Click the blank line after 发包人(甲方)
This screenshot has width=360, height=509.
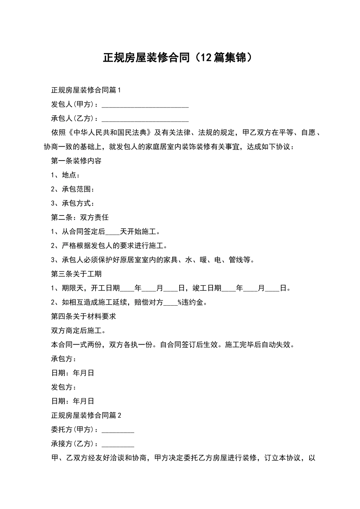tap(145, 105)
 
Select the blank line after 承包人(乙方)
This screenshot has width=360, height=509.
tap(145, 119)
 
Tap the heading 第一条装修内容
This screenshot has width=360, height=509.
tap(76, 161)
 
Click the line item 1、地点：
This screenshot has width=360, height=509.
tap(65, 175)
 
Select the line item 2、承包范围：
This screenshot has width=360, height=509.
tap(72, 189)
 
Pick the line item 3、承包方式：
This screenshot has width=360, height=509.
tap(72, 203)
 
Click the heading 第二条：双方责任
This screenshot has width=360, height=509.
tap(80, 217)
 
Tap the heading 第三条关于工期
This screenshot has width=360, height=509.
tap(76, 274)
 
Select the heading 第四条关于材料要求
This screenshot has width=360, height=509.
tap(83, 316)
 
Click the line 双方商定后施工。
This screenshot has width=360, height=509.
tap(78, 331)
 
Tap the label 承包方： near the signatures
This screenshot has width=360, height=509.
tap(64, 359)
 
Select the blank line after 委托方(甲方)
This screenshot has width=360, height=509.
tap(118, 430)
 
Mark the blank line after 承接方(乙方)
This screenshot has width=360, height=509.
tap(118, 444)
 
